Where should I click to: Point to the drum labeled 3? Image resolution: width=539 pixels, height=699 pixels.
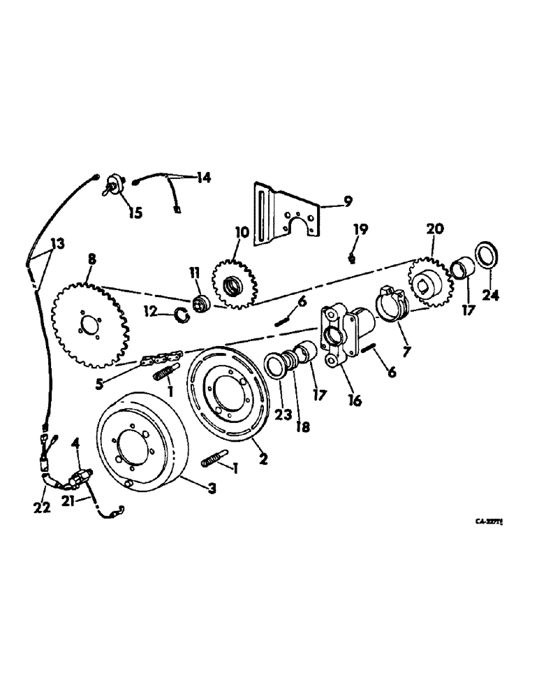coord(140,443)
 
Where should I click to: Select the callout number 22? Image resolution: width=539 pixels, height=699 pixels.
coord(43,508)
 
